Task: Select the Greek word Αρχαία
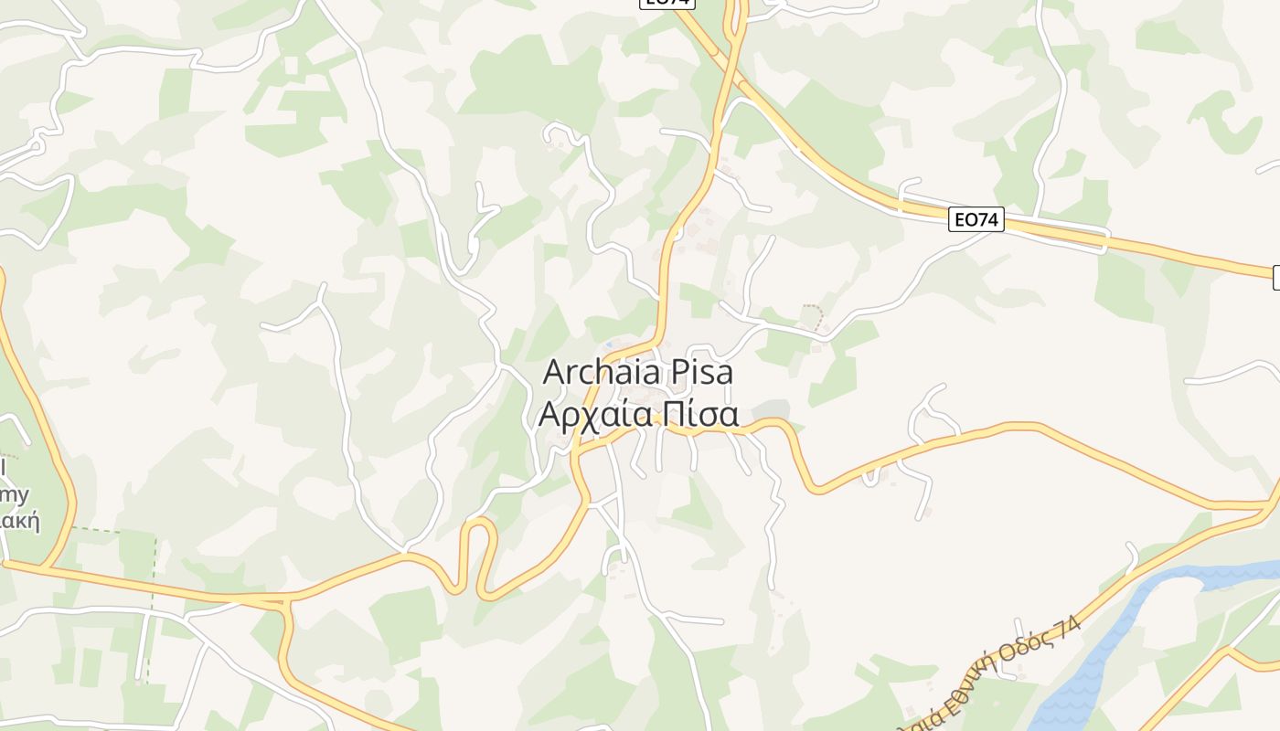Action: tap(596, 415)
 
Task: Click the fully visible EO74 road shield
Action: tap(976, 219)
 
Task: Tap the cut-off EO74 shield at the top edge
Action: tap(667, 4)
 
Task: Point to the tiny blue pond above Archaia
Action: tap(608, 344)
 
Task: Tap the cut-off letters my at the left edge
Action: tap(16, 495)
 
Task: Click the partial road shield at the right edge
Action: tap(1275, 278)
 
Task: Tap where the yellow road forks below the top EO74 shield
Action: tap(734, 41)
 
